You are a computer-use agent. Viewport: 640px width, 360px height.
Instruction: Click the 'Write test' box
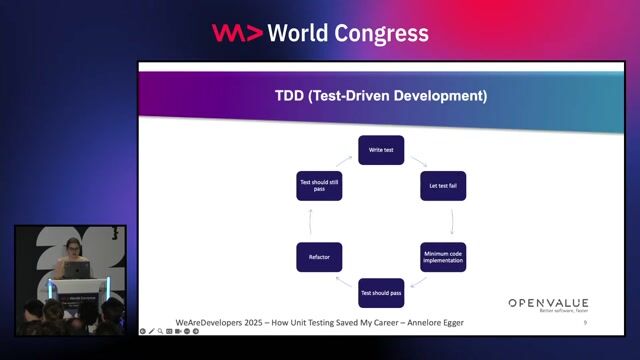381,150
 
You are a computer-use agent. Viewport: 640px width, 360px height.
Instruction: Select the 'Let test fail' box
442,186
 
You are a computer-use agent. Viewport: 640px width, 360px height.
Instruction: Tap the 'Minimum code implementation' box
442,257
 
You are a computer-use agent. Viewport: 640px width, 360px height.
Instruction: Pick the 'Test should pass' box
381,293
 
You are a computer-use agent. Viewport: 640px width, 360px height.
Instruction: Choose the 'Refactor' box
319,257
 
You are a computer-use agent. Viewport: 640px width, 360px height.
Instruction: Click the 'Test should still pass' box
319,186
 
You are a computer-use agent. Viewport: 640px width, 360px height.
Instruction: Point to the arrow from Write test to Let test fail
417,162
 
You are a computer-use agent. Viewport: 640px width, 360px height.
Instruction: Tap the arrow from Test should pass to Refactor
345,281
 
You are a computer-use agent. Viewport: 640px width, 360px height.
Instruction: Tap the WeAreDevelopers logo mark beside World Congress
237,33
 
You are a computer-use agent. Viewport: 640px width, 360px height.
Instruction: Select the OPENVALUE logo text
548,303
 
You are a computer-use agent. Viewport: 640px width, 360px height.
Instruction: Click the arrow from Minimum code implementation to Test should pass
419,282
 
